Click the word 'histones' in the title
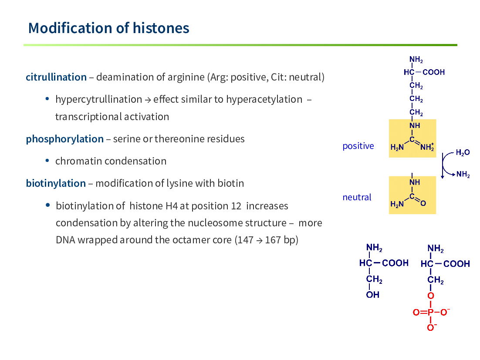(x=161, y=28)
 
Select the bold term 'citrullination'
(x=56, y=77)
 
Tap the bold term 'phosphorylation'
(x=65, y=139)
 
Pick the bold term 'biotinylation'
(x=56, y=184)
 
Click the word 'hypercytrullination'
(x=98, y=100)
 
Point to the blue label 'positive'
(x=358, y=146)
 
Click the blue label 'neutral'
(x=357, y=197)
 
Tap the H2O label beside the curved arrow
(x=463, y=152)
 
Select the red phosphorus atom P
(x=431, y=312)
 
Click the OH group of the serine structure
(x=372, y=295)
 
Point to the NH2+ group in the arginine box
(x=427, y=147)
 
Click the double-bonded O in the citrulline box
(x=423, y=203)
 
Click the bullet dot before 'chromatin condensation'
(x=47, y=161)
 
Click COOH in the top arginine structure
(x=433, y=72)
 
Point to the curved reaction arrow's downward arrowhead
(x=443, y=177)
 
